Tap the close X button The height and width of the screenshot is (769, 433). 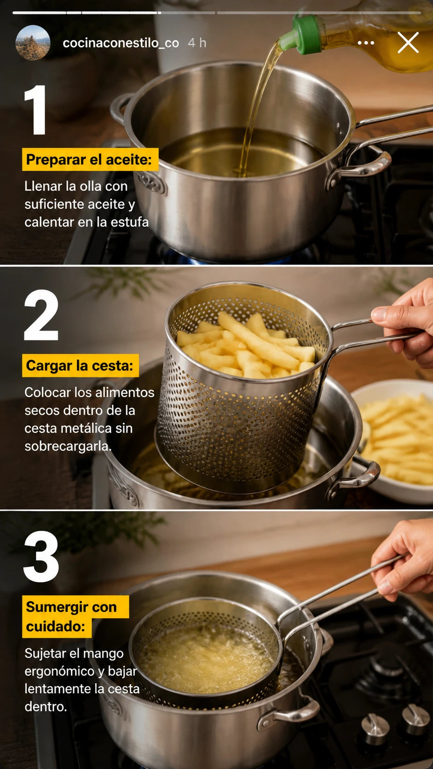[x=408, y=43]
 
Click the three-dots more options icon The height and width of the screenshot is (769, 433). [x=366, y=43]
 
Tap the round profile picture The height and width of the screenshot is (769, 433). [x=33, y=43]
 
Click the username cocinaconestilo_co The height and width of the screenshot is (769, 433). [x=121, y=43]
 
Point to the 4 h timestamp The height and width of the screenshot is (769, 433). [x=197, y=43]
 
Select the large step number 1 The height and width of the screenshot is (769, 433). [x=36, y=109]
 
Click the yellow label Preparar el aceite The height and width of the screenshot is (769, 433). [x=90, y=159]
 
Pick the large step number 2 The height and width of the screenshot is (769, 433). [x=41, y=315]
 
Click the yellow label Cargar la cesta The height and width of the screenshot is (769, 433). [x=81, y=365]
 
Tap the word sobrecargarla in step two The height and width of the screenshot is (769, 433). [x=68, y=446]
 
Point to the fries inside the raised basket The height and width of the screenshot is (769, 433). [x=246, y=345]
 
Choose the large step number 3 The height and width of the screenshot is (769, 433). [x=41, y=557]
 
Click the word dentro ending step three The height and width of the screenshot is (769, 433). [x=46, y=706]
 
